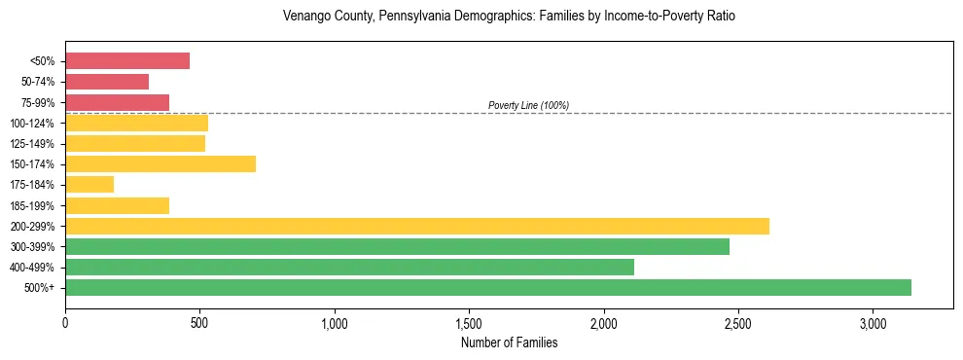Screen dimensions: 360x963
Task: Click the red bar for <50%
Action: click(x=127, y=60)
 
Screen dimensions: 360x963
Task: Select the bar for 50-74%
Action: click(x=107, y=82)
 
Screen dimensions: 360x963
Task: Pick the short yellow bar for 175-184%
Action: click(x=89, y=184)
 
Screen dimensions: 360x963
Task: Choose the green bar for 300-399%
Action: click(x=397, y=246)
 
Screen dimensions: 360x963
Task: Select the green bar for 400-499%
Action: click(x=349, y=267)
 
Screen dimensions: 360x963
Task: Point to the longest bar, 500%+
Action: click(x=488, y=287)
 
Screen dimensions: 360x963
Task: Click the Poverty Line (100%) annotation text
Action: click(x=528, y=105)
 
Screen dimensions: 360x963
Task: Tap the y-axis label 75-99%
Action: click(x=38, y=103)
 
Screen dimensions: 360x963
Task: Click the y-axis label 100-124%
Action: click(x=33, y=124)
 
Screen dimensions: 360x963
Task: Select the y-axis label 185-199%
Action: click(x=33, y=205)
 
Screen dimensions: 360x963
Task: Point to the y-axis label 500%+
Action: click(x=40, y=288)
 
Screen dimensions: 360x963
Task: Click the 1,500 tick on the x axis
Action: click(x=469, y=323)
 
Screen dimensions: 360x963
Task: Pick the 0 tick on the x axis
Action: click(x=65, y=323)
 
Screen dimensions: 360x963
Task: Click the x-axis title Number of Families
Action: click(x=509, y=342)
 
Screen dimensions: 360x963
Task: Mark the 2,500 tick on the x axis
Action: click(x=738, y=323)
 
